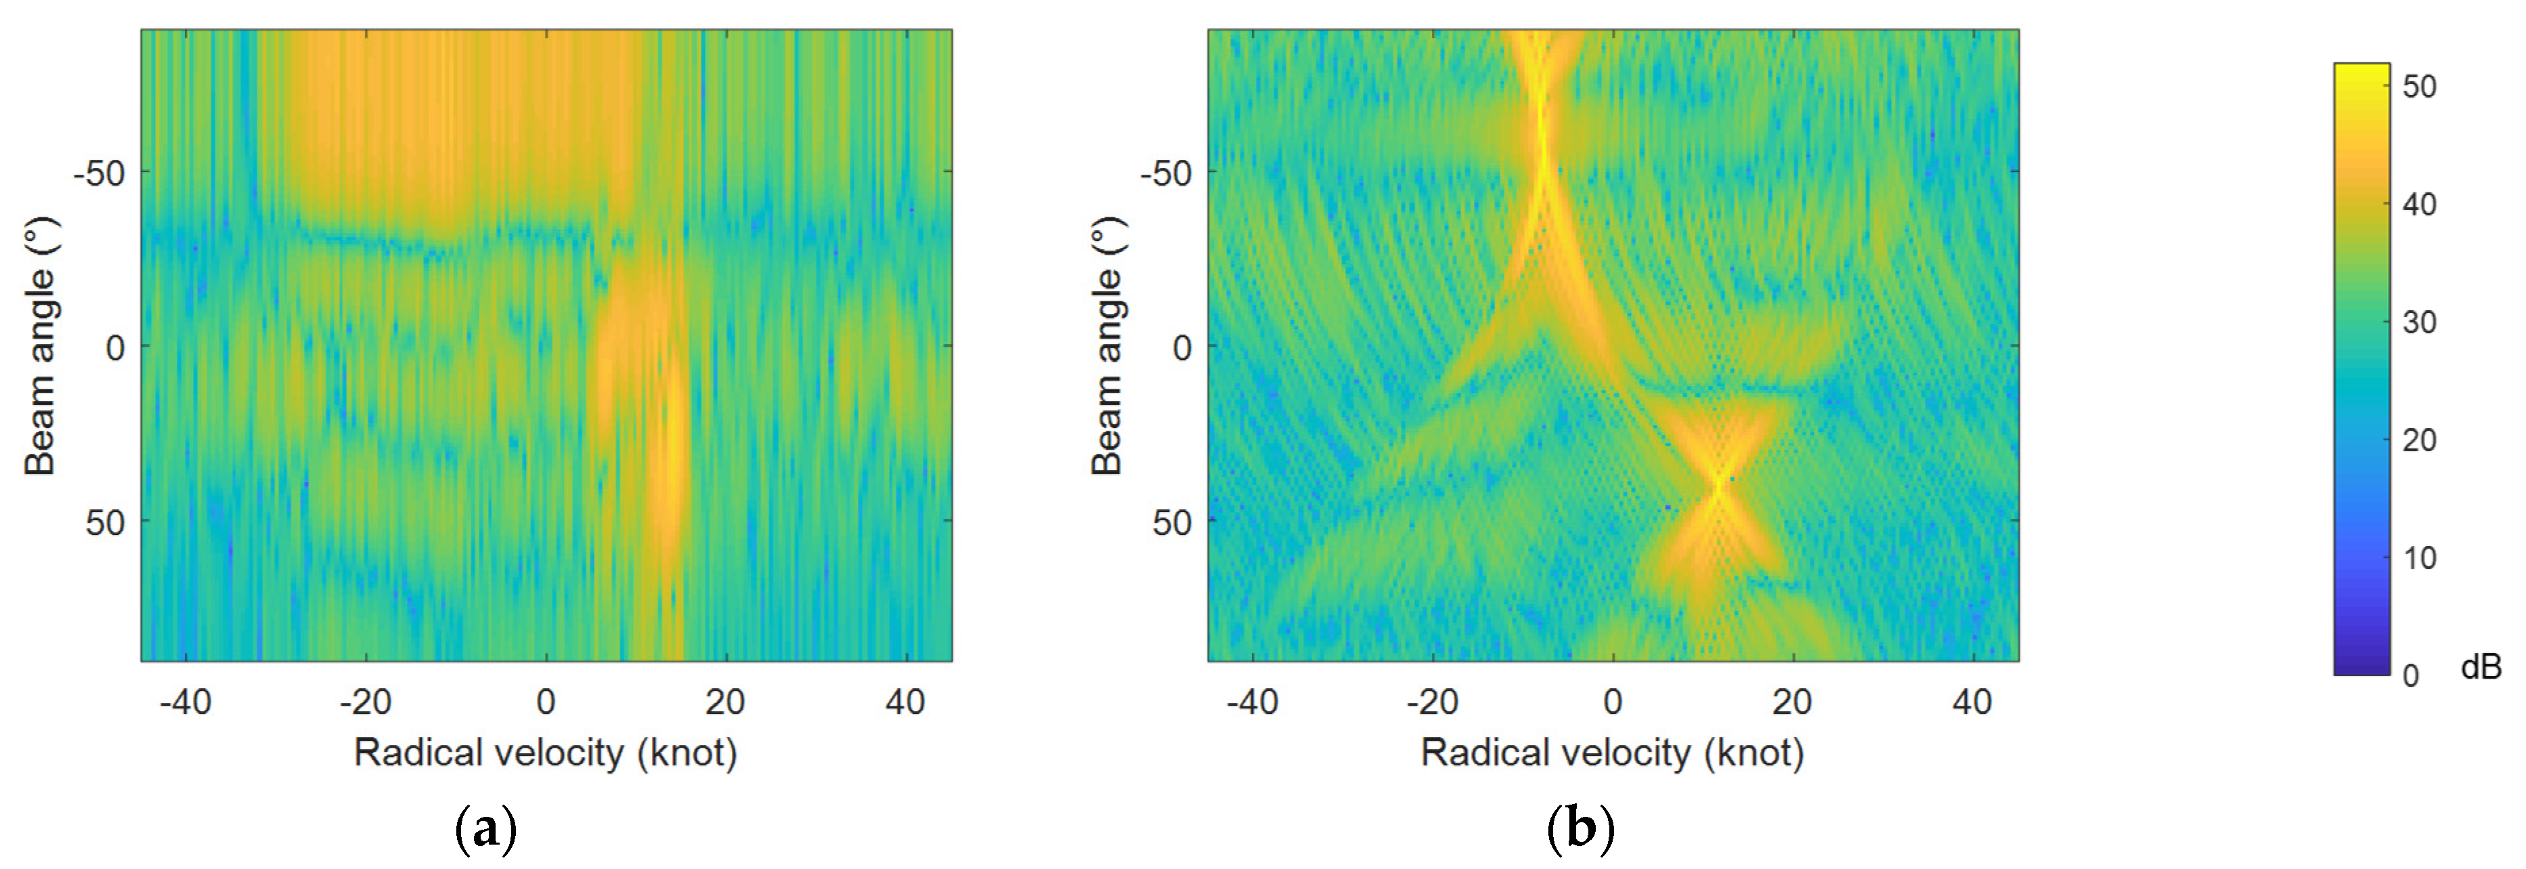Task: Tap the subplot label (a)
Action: [x=486, y=829]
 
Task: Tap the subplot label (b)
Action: [x=1580, y=829]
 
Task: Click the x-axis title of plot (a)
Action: [x=545, y=753]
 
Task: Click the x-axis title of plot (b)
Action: [x=1612, y=753]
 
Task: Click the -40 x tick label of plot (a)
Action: [x=186, y=702]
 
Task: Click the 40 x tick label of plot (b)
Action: [x=1972, y=702]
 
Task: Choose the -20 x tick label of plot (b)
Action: [x=1433, y=702]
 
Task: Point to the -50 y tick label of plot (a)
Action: [x=99, y=173]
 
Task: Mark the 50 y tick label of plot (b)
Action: [x=1172, y=522]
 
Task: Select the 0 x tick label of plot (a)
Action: [x=546, y=702]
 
